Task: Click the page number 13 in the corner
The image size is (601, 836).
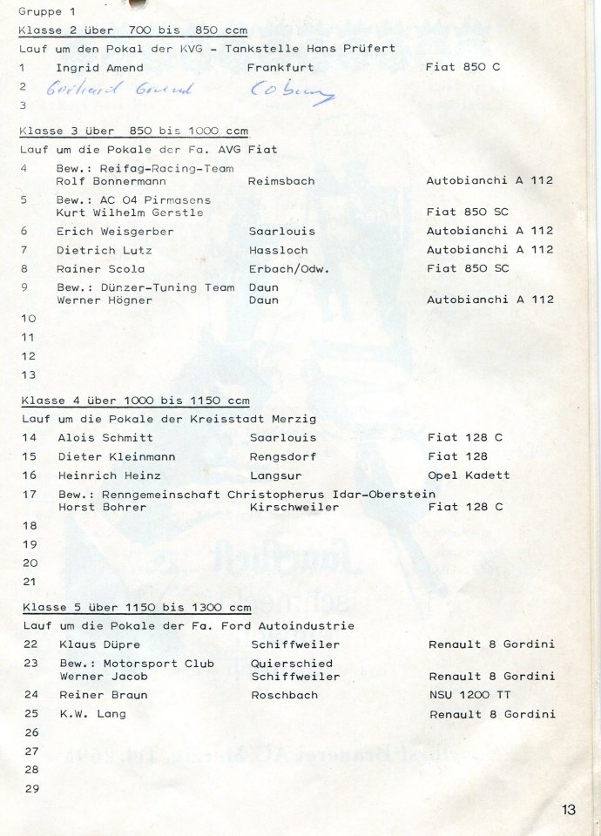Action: pyautogui.click(x=569, y=810)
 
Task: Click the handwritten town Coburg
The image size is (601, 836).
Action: pyautogui.click(x=292, y=91)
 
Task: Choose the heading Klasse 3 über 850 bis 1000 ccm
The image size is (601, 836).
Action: pyautogui.click(x=133, y=131)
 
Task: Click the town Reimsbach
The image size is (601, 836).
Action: pyautogui.click(x=281, y=181)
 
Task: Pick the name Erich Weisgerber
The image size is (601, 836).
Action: pyautogui.click(x=115, y=232)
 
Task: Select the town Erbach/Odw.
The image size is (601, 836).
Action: pyautogui.click(x=288, y=268)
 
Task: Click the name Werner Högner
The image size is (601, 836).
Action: pyautogui.click(x=104, y=300)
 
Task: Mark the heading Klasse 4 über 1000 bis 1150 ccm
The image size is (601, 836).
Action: pyautogui.click(x=134, y=401)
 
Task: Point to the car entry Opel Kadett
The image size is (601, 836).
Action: pyautogui.click(x=469, y=475)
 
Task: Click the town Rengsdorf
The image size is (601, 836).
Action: pyautogui.click(x=283, y=457)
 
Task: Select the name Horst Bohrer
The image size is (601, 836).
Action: pyautogui.click(x=102, y=507)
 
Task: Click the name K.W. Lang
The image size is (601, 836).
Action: pyautogui.click(x=92, y=714)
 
